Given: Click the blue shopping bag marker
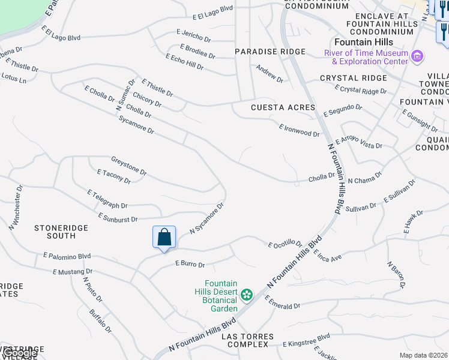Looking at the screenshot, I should [x=164, y=238].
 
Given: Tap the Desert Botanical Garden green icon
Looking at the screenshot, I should [x=246, y=295].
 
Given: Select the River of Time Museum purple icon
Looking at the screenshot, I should [x=417, y=57].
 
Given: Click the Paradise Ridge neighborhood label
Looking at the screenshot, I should [x=270, y=52].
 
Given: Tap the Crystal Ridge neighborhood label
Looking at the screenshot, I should [x=353, y=78].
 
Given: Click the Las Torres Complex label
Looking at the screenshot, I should [x=247, y=340].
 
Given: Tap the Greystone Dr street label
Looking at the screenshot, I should [x=128, y=166].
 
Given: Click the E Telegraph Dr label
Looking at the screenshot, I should [x=107, y=200].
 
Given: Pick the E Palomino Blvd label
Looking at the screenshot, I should [x=67, y=256].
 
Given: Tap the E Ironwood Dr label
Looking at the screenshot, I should [x=299, y=130].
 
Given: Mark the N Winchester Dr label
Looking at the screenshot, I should [x=16, y=207].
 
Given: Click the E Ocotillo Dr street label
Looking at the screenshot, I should [x=285, y=244].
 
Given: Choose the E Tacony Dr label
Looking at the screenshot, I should [x=113, y=176].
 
